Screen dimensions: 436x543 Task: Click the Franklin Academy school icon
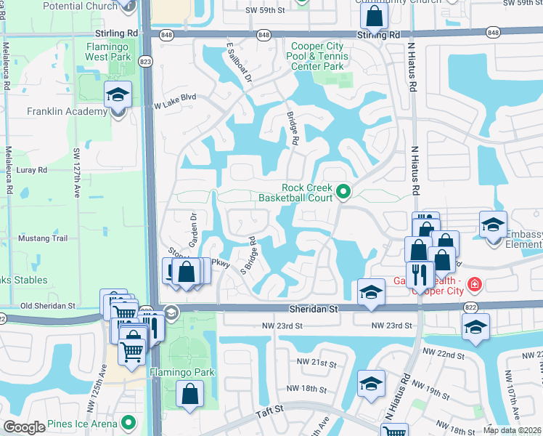(117, 95)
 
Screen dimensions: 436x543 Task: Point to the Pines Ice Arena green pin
(128, 422)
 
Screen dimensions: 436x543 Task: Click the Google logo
(25, 427)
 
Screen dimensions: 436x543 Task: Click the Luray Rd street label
(32, 169)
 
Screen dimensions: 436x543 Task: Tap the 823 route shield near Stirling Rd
(146, 62)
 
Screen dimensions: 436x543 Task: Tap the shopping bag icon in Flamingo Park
(189, 394)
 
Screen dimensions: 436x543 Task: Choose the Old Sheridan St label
(49, 306)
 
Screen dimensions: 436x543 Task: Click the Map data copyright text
(512, 430)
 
